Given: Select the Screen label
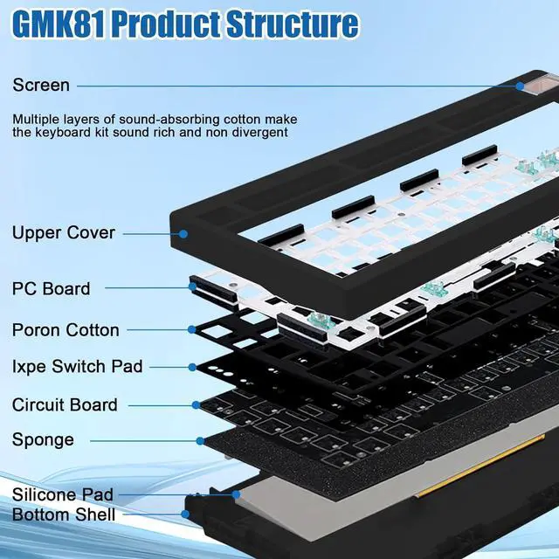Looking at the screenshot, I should [x=40, y=86].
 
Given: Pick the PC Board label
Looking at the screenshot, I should [x=51, y=288].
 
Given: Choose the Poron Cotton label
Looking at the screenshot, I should [x=66, y=330].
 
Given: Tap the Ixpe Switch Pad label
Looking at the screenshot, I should [x=77, y=367].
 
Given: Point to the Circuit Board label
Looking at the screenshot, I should [x=65, y=405].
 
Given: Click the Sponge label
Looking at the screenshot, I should [x=43, y=440].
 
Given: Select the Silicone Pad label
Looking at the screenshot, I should [x=62, y=495].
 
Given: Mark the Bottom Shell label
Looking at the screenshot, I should [x=63, y=514].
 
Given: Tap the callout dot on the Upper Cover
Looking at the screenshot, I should [x=183, y=233].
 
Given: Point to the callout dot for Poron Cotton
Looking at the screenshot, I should [x=192, y=330].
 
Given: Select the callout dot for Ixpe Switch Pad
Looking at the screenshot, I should [x=192, y=367].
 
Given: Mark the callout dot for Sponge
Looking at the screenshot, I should [x=200, y=440].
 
